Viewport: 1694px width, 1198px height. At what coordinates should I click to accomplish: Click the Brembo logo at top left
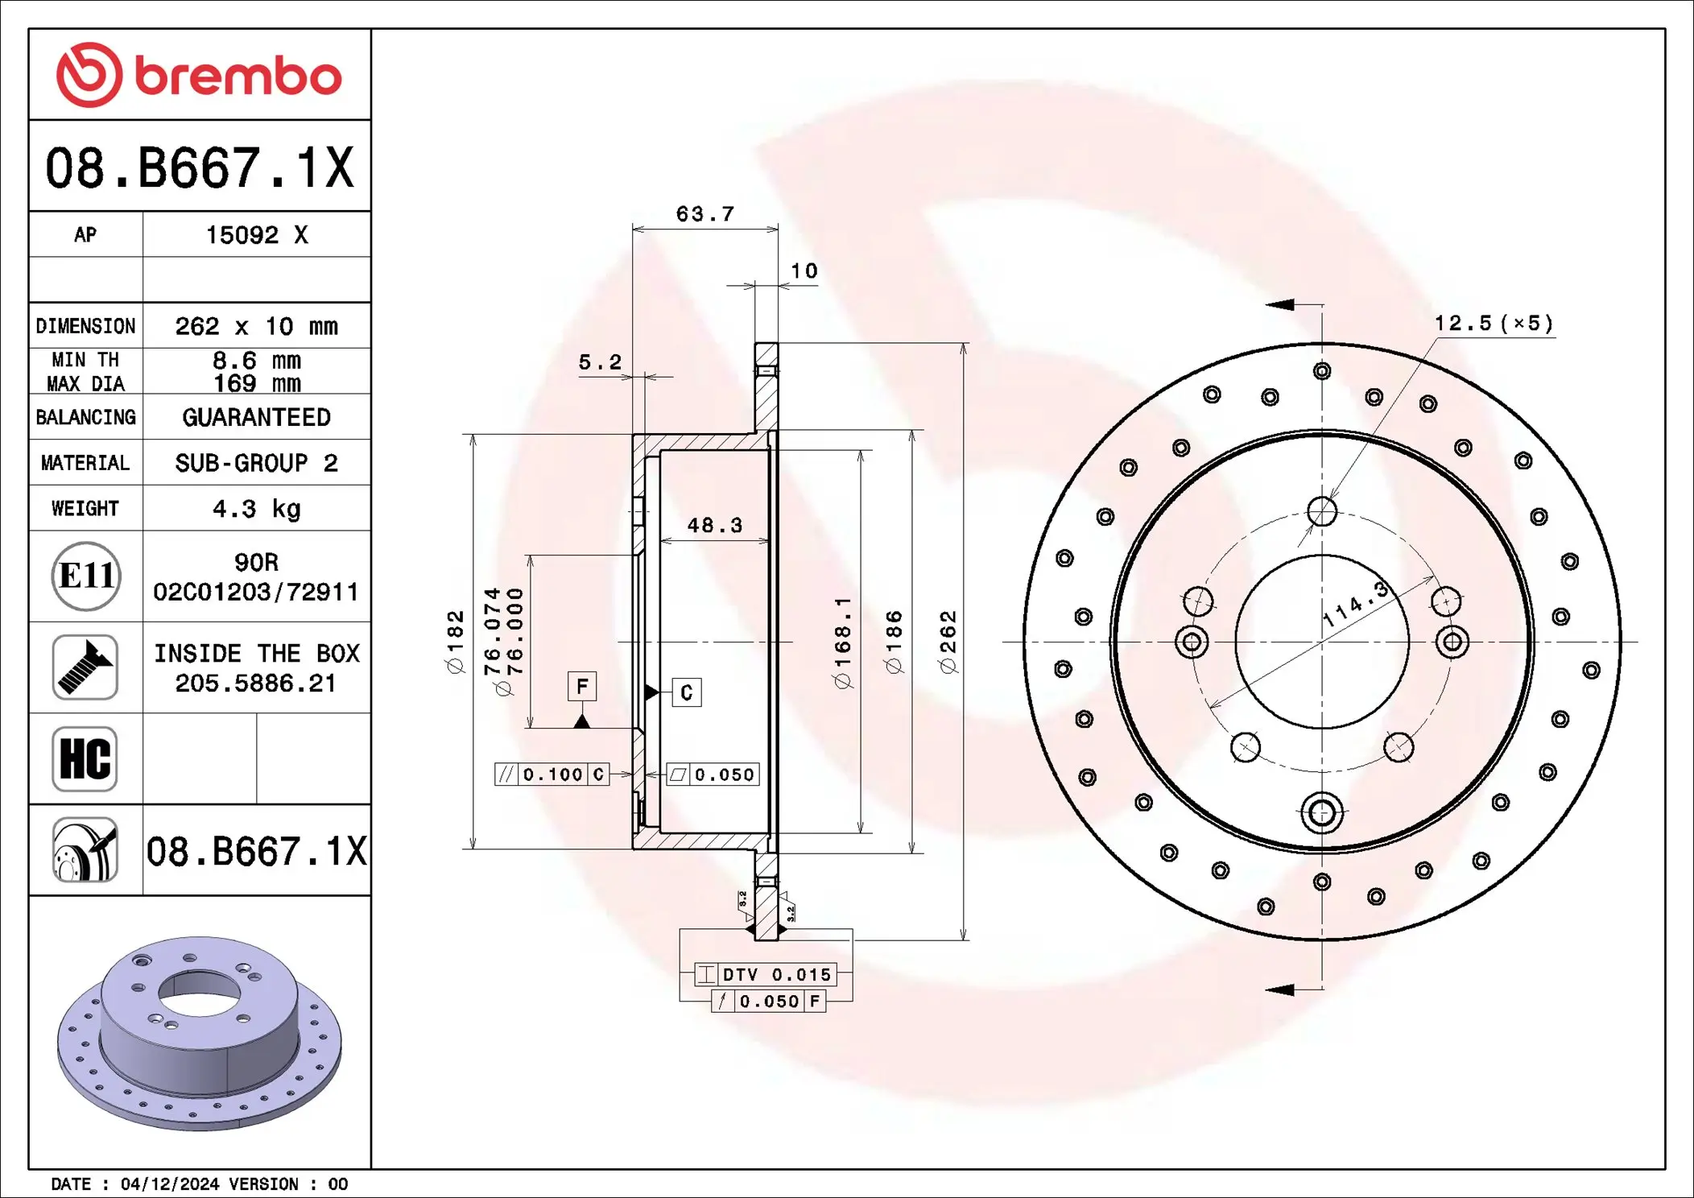click(x=199, y=75)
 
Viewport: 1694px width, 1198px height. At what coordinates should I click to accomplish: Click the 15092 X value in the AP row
click(x=256, y=234)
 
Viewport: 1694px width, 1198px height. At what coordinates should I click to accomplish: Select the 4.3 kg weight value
click(x=256, y=508)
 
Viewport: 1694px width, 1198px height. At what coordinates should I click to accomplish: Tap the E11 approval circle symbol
click(x=86, y=576)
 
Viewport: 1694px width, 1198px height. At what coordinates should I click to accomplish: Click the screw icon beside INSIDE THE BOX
click(x=85, y=667)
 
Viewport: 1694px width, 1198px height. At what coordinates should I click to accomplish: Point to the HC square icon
click(x=85, y=758)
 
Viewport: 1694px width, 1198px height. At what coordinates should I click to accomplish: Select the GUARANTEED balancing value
click(x=256, y=417)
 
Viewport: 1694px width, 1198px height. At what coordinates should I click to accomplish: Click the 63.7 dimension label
click(x=704, y=214)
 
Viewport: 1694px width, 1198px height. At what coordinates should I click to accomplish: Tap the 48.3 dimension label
click(x=714, y=526)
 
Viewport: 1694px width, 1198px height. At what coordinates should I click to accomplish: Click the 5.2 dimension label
click(x=600, y=362)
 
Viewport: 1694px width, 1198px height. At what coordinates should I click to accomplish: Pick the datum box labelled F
click(x=581, y=687)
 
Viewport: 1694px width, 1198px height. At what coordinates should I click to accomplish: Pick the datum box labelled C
click(x=686, y=692)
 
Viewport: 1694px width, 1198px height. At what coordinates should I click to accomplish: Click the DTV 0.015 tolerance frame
click(x=766, y=974)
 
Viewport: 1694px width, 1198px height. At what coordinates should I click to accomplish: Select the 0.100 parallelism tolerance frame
click(x=552, y=775)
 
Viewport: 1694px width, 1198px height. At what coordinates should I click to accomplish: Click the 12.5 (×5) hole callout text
click(x=1494, y=324)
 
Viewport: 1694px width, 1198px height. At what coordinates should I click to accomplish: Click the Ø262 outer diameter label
click(x=948, y=641)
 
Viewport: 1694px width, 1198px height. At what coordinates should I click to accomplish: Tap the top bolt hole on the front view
click(x=1322, y=511)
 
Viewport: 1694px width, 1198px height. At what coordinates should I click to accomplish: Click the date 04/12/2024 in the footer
click(x=169, y=1184)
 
